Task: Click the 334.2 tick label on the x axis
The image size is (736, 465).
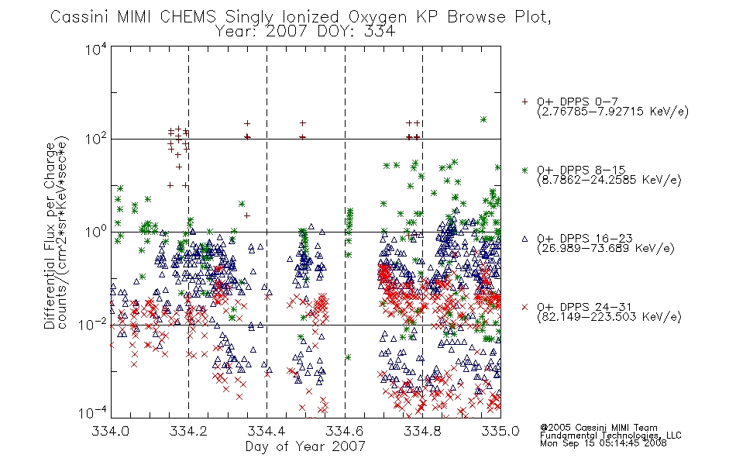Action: [x=188, y=431]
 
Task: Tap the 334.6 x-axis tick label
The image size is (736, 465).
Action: [x=345, y=431]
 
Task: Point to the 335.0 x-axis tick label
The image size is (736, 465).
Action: [x=500, y=431]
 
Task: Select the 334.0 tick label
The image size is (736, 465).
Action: [x=110, y=431]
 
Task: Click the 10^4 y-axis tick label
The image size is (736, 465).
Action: [x=96, y=49]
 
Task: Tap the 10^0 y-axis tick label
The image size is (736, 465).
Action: [x=96, y=232]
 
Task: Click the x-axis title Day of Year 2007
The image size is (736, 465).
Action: [x=305, y=446]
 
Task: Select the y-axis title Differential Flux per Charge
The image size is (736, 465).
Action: [x=50, y=236]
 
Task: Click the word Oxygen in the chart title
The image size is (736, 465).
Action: [x=377, y=17]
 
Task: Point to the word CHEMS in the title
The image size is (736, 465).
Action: [x=187, y=17]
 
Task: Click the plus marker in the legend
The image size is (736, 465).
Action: [x=524, y=102]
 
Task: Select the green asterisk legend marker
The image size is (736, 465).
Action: [x=524, y=170]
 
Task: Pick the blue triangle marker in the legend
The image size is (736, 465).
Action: [x=524, y=239]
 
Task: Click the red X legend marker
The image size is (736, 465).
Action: [x=524, y=307]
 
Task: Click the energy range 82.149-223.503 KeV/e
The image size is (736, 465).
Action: [x=609, y=317]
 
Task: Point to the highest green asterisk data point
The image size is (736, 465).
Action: [x=483, y=119]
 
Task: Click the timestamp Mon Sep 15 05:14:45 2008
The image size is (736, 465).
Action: [x=604, y=443]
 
